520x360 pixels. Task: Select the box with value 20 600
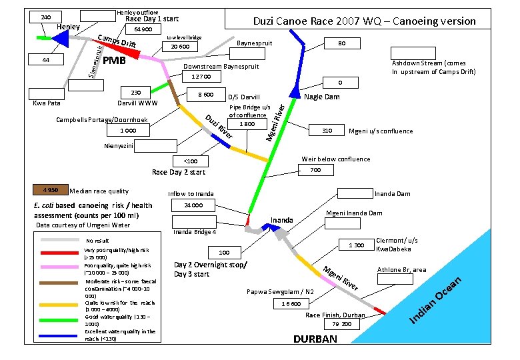(x=179, y=47)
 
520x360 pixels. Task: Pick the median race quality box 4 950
(x=51, y=190)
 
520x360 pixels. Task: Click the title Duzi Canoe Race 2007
(x=365, y=21)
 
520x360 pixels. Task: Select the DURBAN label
(x=315, y=339)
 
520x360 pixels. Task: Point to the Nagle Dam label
(x=321, y=97)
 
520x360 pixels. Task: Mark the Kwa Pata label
(x=47, y=103)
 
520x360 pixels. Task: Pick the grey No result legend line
(x=61, y=240)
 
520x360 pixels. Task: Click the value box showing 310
(x=326, y=131)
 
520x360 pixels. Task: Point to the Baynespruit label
(x=256, y=43)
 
